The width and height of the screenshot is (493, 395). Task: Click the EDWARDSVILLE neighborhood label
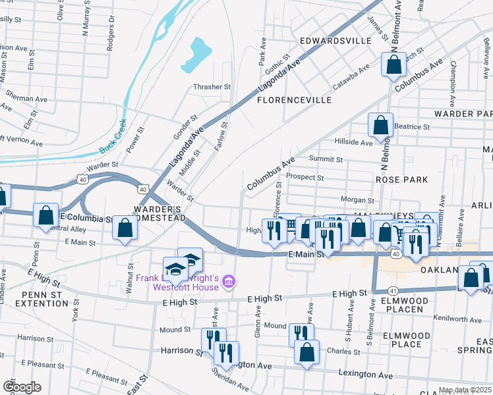coord(335,41)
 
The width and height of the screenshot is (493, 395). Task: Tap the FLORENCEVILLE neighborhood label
coord(294,101)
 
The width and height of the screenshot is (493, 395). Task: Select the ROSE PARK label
coord(401,180)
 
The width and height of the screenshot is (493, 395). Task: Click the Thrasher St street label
coord(212,86)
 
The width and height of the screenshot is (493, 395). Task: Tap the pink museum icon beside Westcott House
coord(229,282)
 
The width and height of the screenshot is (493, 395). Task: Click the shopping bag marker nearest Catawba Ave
coord(393,65)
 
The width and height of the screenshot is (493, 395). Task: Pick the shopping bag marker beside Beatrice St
coord(381,124)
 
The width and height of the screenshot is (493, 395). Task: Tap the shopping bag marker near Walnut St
coord(125,228)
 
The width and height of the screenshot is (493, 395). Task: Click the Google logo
coord(21,387)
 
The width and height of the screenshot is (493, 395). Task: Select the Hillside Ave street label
coord(354,142)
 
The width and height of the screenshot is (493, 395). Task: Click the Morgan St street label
coord(357,199)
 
